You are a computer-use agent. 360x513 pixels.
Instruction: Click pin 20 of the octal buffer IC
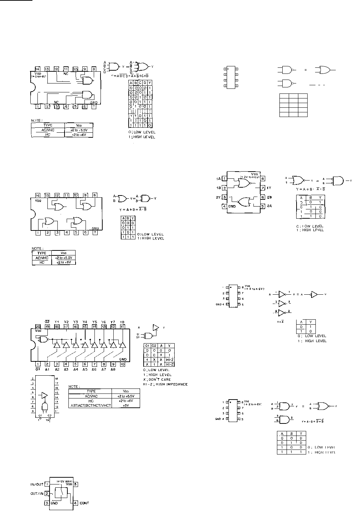click(x=38, y=326)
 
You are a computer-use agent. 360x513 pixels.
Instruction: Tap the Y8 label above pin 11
click(x=122, y=321)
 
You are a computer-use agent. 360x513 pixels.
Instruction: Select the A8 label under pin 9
click(x=113, y=370)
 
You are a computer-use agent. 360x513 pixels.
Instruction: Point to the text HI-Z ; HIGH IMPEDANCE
click(x=165, y=384)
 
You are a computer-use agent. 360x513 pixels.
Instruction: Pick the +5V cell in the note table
click(x=126, y=405)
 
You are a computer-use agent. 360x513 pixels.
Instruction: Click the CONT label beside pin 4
click(x=84, y=503)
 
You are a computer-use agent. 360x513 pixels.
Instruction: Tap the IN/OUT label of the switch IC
click(x=37, y=484)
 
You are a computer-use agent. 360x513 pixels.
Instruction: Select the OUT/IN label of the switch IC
click(x=37, y=494)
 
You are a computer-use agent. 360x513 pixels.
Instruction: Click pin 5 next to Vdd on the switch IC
click(x=76, y=484)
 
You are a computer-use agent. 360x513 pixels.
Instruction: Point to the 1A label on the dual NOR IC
click(x=218, y=178)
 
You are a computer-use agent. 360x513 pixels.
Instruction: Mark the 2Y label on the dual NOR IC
click(x=218, y=197)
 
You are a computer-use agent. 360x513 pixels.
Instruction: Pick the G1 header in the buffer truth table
click(x=146, y=346)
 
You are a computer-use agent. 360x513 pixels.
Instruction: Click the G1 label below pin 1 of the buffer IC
click(x=38, y=370)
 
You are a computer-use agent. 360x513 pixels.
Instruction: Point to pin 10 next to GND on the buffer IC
click(x=122, y=364)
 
